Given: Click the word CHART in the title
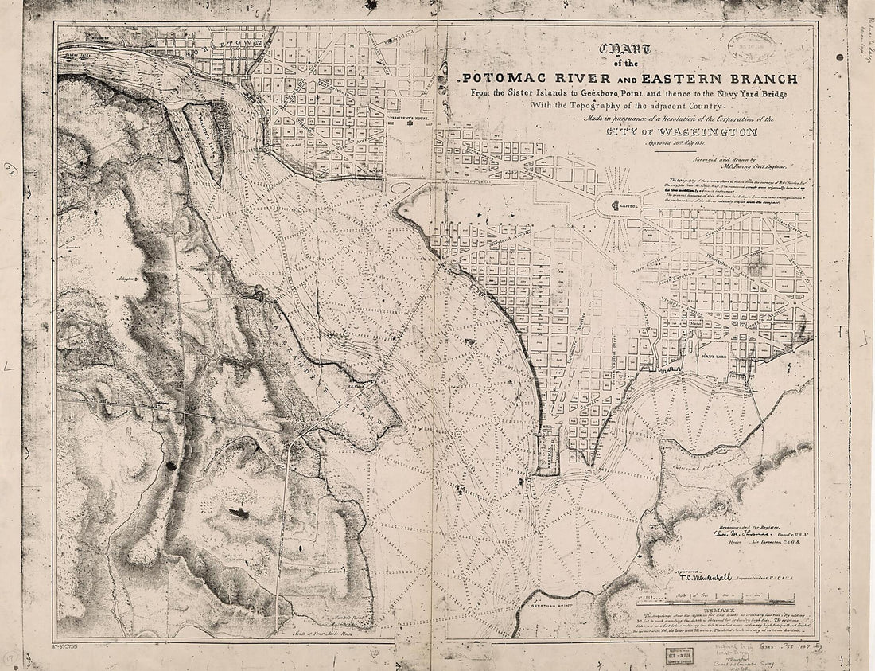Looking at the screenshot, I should pyautogui.click(x=628, y=51).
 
